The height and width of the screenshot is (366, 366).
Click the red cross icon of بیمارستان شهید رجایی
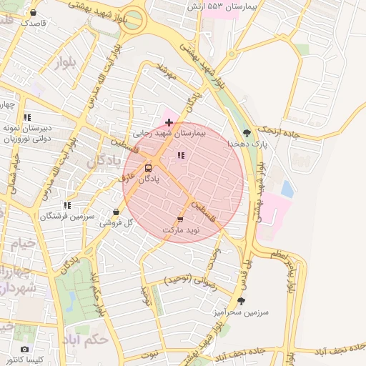[x=168, y=123]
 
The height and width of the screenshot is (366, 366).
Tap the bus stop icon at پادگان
[x=148, y=169]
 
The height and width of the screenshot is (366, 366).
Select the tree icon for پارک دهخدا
[x=247, y=133]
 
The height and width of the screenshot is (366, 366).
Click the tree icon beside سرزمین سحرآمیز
[x=240, y=302]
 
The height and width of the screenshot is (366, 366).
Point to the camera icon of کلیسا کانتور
[x=25, y=349]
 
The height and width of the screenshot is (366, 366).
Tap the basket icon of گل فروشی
[x=116, y=212]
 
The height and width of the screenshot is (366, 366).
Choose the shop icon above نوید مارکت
[x=180, y=220]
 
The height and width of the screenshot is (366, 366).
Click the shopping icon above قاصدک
[x=33, y=12]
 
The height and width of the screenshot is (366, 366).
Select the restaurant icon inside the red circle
[x=180, y=154]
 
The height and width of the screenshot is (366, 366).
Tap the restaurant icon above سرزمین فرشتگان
[x=67, y=205]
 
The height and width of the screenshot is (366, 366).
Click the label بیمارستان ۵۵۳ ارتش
[x=223, y=6]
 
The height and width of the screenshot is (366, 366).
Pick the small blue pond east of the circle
[x=287, y=189]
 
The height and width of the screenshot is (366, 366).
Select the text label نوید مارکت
[x=183, y=232]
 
